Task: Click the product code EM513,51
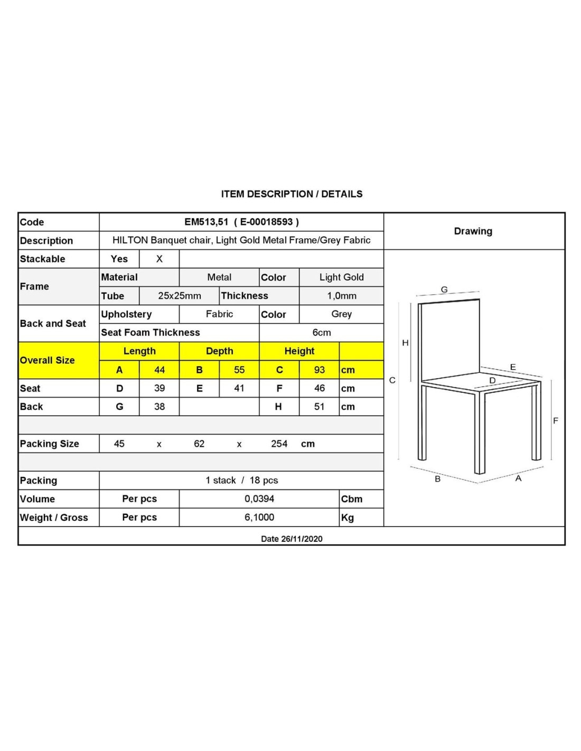[207, 222]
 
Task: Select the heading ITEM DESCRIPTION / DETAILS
[292, 194]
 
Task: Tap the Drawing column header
[473, 231]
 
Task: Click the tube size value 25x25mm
[180, 296]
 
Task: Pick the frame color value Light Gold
[341, 277]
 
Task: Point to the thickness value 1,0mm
[341, 296]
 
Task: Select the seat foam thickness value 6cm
[321, 332]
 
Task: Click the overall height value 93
[319, 370]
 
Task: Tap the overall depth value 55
[239, 370]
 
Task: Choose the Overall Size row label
[48, 360]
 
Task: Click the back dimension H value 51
[319, 407]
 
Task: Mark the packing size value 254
[279, 444]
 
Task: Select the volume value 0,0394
[259, 499]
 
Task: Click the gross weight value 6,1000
[259, 517]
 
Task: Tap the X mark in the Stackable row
[159, 259]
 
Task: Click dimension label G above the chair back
[444, 289]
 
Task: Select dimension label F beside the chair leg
[555, 420]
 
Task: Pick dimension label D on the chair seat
[492, 380]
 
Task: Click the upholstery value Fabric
[219, 314]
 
